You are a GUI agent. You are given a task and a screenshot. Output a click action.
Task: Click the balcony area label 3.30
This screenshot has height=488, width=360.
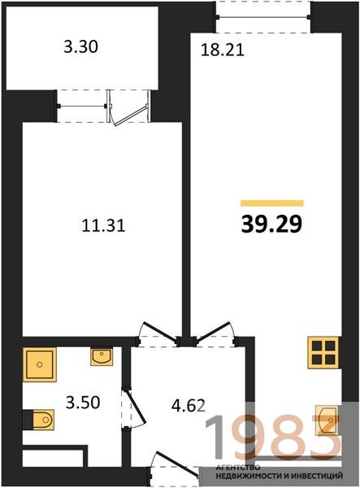(80, 47)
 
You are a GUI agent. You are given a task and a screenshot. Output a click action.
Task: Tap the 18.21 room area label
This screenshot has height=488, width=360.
(223, 50)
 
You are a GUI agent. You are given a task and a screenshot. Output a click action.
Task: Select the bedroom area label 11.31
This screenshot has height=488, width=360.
(103, 225)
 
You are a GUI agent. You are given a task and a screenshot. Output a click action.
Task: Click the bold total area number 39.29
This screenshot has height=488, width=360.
(271, 224)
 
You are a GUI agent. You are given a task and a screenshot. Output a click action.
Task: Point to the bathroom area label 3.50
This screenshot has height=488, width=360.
(83, 402)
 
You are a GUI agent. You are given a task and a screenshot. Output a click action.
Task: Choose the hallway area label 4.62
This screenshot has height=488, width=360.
(189, 406)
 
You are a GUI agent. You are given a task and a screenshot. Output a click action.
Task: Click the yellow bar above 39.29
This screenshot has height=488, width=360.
(272, 203)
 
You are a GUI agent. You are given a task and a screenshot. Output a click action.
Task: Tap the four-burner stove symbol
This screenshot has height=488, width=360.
(323, 353)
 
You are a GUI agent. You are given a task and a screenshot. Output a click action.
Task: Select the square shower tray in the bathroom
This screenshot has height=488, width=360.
(40, 364)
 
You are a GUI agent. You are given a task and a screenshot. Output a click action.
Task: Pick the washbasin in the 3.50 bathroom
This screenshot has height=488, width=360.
(102, 357)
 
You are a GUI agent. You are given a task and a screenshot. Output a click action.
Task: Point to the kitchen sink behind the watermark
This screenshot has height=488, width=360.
(327, 420)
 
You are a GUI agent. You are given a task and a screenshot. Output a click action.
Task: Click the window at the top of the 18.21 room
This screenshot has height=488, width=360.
(263, 17)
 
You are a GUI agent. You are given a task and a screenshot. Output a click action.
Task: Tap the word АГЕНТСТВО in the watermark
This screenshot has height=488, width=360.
(238, 468)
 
